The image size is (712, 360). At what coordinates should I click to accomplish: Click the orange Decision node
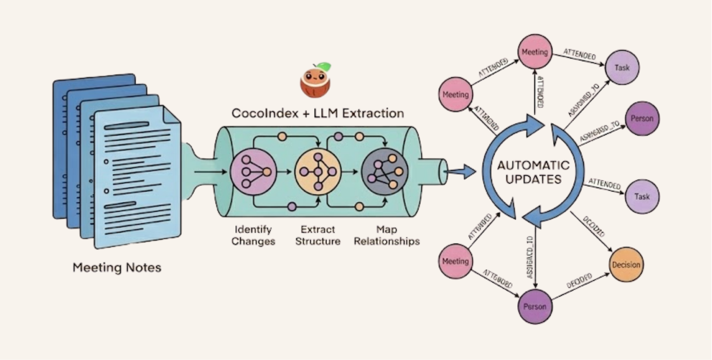click(626, 265)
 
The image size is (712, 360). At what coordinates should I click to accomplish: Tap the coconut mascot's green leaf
click(325, 66)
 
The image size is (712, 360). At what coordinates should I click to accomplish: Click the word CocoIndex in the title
click(265, 113)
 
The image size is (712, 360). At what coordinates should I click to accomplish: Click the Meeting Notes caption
click(117, 267)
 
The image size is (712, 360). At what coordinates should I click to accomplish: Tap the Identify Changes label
click(253, 235)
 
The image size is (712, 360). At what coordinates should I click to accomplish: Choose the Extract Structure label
click(318, 235)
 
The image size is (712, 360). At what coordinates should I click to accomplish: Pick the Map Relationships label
click(387, 235)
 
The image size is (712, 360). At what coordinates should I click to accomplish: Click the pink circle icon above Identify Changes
click(253, 172)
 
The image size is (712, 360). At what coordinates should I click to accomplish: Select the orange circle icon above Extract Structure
click(318, 172)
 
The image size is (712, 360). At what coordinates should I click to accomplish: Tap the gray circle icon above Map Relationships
click(385, 172)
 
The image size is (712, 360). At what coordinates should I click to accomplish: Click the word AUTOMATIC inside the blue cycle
click(533, 165)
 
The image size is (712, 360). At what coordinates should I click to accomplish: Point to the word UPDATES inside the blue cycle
click(533, 180)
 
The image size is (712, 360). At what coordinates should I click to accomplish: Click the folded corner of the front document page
click(172, 114)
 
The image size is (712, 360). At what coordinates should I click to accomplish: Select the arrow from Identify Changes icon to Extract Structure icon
click(284, 172)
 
